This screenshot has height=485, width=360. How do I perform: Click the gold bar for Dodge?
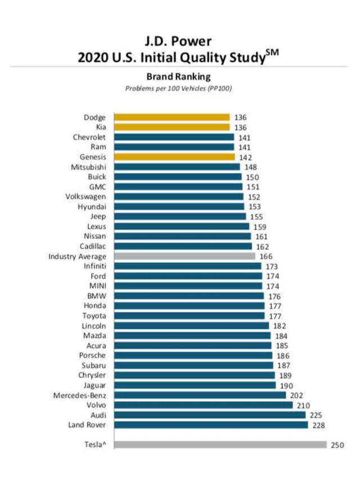(x=172, y=117)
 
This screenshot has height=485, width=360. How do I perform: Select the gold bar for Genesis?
(x=174, y=156)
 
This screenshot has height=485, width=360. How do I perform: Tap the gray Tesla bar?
(x=220, y=444)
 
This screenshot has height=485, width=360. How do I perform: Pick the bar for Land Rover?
(x=211, y=425)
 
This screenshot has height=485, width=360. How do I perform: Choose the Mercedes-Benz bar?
(x=200, y=395)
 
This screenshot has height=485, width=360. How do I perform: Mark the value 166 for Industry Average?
(x=266, y=256)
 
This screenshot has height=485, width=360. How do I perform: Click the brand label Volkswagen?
(x=90, y=196)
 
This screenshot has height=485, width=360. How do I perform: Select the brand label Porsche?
(x=96, y=356)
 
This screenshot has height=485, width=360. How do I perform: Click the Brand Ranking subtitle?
(x=179, y=78)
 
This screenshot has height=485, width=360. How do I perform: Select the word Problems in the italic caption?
(x=140, y=89)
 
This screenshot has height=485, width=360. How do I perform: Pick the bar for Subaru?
(x=194, y=365)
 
